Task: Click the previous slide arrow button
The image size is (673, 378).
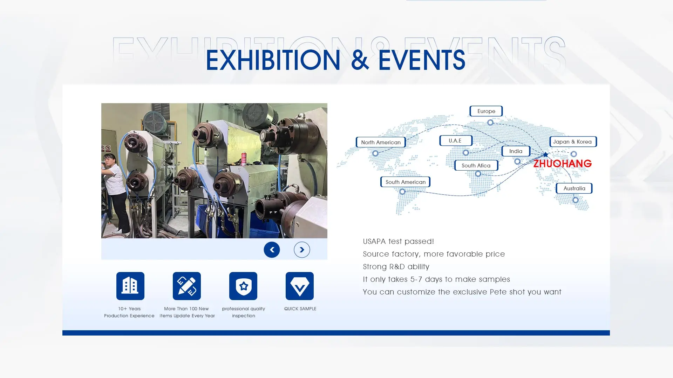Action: pos(272,250)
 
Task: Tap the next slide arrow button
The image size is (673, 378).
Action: pos(302,250)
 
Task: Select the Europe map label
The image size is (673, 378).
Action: pos(486,111)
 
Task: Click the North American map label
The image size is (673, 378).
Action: pos(381,142)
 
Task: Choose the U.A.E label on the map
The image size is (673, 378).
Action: pos(456,140)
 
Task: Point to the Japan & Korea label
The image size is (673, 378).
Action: pos(573,141)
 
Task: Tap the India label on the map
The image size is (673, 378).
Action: pos(516,151)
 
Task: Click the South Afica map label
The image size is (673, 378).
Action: pos(476,165)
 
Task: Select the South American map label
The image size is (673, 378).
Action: pos(405,182)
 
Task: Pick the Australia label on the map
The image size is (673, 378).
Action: pos(574,188)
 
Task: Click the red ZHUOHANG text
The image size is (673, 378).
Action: pos(562,163)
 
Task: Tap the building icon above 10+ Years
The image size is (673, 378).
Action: pos(130,286)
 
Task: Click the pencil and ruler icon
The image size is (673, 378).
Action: pos(187,286)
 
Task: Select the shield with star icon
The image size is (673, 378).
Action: pos(243,286)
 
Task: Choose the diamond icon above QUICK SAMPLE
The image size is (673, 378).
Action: pos(300,286)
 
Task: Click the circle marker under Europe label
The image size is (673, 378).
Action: pos(490,122)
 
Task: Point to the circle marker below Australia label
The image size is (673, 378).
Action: pos(576,200)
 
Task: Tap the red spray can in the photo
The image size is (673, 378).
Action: pos(244,159)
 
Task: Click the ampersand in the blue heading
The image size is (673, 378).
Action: pos(359,60)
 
